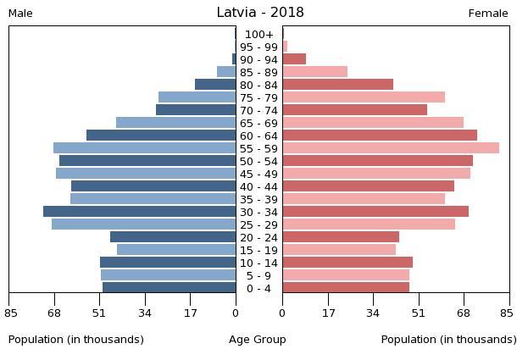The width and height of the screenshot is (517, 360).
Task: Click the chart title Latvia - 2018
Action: (259, 13)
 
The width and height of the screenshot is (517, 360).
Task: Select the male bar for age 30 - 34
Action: (140, 212)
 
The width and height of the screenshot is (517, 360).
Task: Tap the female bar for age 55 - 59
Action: (391, 148)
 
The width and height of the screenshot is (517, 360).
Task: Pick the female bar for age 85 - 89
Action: (315, 72)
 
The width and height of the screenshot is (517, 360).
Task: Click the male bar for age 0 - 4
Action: (170, 288)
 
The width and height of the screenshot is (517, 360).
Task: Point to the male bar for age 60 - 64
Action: (161, 136)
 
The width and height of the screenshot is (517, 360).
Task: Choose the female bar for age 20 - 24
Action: (341, 237)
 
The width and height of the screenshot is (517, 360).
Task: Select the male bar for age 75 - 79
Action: (197, 97)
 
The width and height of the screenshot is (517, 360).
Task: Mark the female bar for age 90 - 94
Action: (294, 59)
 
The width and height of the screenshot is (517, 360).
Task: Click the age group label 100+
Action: (258, 35)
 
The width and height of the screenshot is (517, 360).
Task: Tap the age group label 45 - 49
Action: (258, 174)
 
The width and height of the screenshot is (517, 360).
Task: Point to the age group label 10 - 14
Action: (258, 263)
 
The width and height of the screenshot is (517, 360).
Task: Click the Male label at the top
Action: (20, 14)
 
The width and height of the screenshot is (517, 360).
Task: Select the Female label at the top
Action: (488, 14)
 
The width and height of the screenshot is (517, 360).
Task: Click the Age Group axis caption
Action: (258, 340)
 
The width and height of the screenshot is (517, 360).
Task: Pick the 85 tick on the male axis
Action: (9, 313)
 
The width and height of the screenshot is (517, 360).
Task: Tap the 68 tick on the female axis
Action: (464, 313)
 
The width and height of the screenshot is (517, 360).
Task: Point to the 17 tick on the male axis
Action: (190, 313)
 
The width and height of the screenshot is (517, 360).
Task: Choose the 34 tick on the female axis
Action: (373, 313)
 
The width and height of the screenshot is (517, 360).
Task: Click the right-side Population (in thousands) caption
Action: (448, 340)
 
